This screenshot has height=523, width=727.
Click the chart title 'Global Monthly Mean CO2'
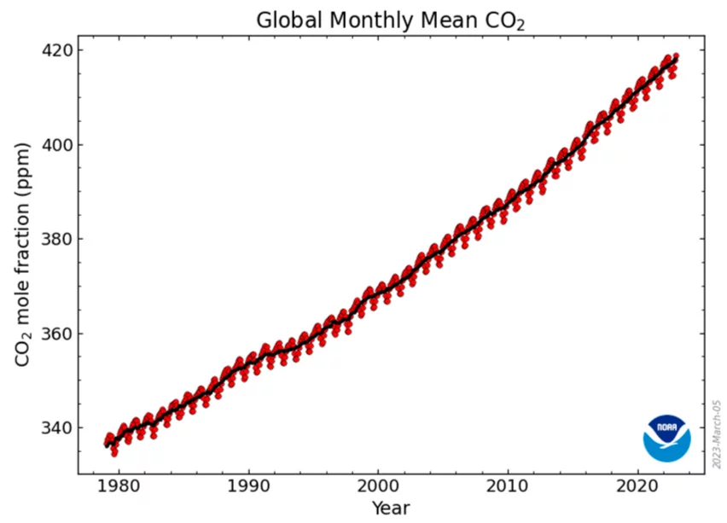pos(391,20)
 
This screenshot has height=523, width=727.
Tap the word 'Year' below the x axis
pos(391,508)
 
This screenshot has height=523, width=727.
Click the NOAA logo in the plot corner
pos(666,438)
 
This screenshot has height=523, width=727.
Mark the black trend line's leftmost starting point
pos(106,445)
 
